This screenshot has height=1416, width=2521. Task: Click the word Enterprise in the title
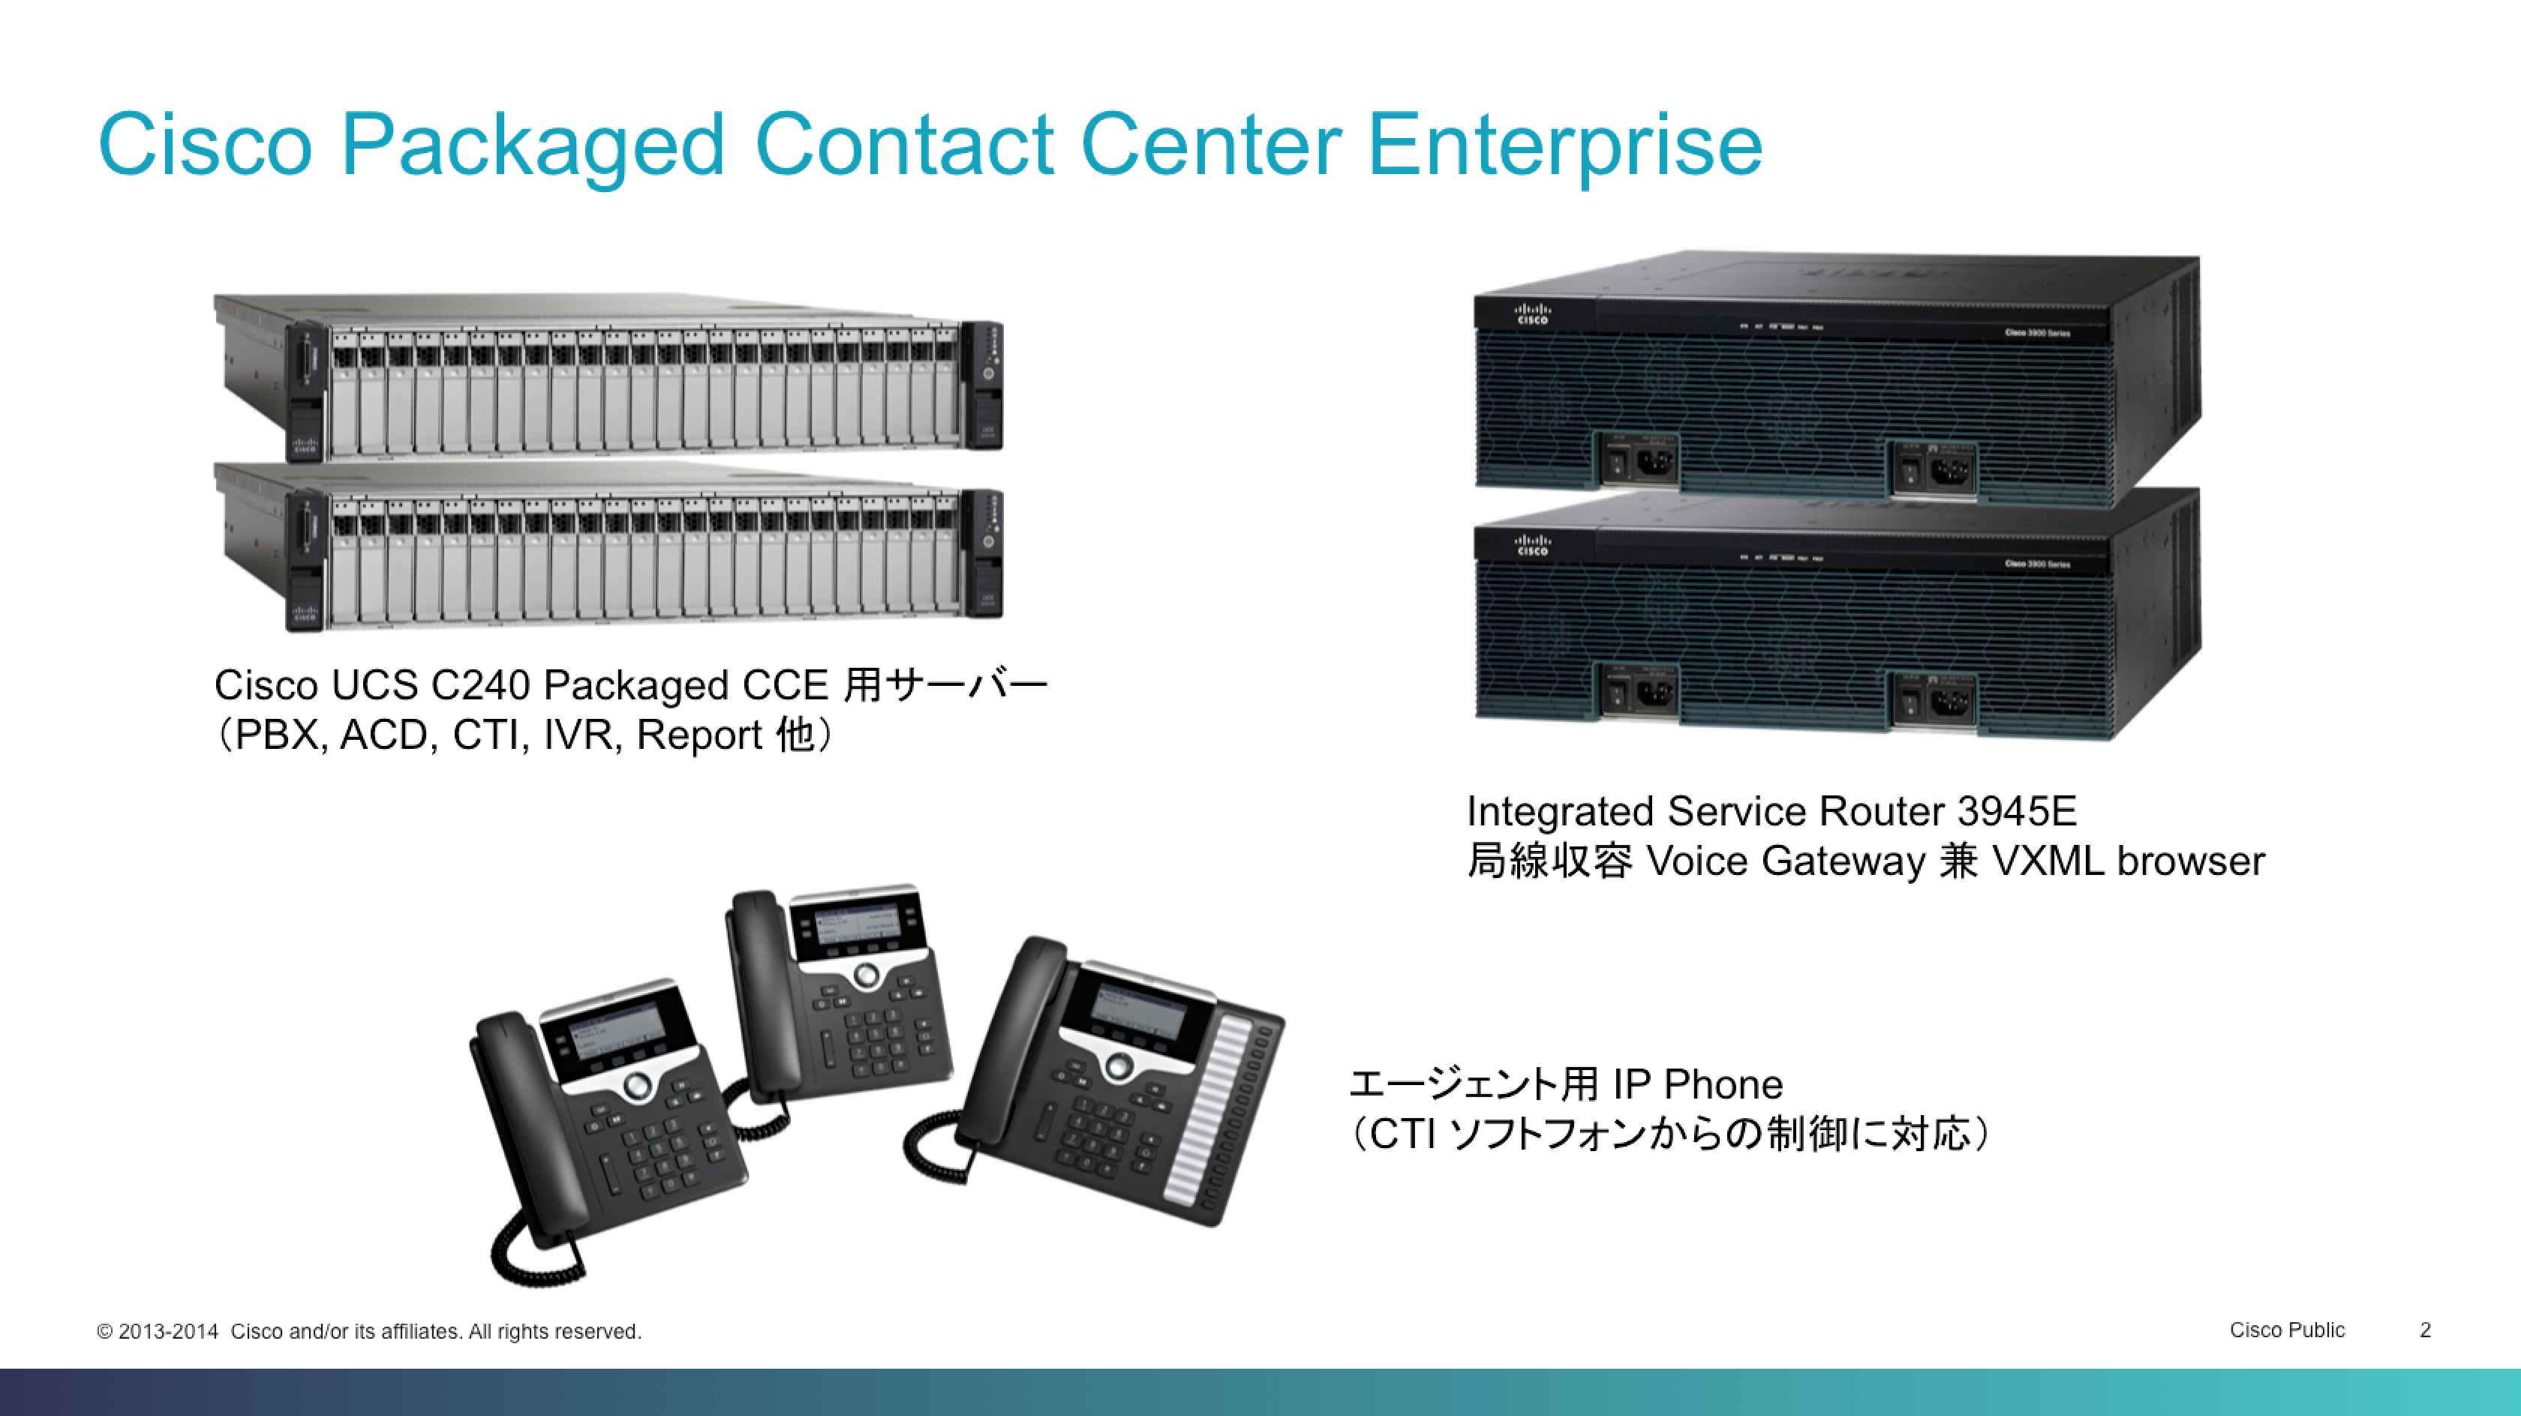pyautogui.click(x=1564, y=145)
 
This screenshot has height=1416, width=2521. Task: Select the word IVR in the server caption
pyautogui.click(x=581, y=735)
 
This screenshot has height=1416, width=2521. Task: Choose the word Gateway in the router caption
pyautogui.click(x=1843, y=861)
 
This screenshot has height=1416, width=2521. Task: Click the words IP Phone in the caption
pyautogui.click(x=1697, y=1084)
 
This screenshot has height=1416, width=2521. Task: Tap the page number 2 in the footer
pyautogui.click(x=2425, y=1330)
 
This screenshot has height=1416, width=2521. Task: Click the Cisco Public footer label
pyautogui.click(x=2286, y=1330)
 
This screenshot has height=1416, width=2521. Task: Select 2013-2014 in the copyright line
pyautogui.click(x=167, y=1332)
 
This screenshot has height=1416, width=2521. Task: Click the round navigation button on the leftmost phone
pyautogui.click(x=637, y=1084)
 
